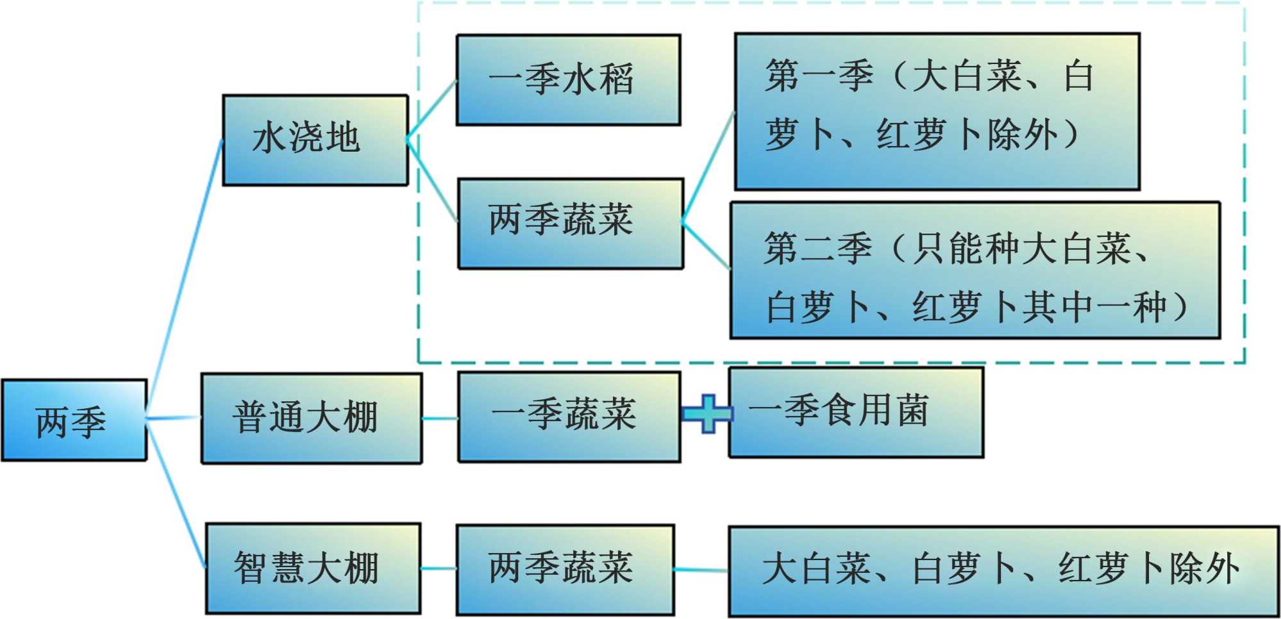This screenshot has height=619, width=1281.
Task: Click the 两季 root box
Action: click(74, 420)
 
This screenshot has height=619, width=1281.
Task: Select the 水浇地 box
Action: click(314, 140)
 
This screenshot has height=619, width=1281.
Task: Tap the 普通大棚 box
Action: click(311, 418)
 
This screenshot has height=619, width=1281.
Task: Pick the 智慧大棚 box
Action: click(313, 568)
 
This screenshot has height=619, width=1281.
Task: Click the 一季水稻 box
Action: click(567, 80)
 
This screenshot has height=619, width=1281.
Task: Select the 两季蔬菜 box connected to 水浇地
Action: click(570, 223)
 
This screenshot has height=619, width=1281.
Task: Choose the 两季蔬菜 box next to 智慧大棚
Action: click(565, 570)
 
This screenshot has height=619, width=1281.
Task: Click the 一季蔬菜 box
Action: click(569, 417)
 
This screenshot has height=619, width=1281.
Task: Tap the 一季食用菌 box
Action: click(856, 412)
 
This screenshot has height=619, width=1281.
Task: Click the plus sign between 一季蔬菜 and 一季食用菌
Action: click(706, 414)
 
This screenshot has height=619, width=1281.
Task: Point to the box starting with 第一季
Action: click(936, 111)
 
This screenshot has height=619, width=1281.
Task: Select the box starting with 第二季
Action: click(975, 270)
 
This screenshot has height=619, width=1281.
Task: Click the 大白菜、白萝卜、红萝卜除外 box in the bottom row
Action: click(1003, 571)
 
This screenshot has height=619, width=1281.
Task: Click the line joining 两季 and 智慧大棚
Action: click(175, 493)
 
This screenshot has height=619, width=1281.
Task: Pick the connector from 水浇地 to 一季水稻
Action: click(432, 109)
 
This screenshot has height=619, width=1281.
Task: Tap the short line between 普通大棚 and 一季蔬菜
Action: click(440, 419)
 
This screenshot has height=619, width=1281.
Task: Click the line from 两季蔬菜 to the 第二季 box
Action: click(706, 245)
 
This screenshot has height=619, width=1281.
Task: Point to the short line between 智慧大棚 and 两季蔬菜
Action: click(439, 568)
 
